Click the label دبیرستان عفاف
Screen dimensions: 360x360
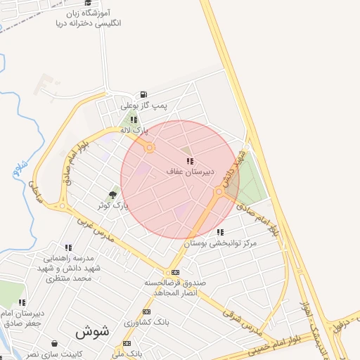(186, 172)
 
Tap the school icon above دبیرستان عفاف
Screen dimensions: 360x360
(190, 162)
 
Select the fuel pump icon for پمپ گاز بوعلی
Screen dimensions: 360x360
(143, 95)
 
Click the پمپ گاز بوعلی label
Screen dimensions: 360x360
(145, 105)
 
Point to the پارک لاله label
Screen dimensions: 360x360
(134, 130)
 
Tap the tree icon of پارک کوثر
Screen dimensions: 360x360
(113, 195)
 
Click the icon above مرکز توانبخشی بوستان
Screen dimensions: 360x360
(220, 232)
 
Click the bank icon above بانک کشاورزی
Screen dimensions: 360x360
(146, 311)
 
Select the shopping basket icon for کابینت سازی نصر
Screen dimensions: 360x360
(55, 343)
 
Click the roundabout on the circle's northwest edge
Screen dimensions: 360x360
(150, 148)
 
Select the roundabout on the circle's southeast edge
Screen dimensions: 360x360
(219, 191)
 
